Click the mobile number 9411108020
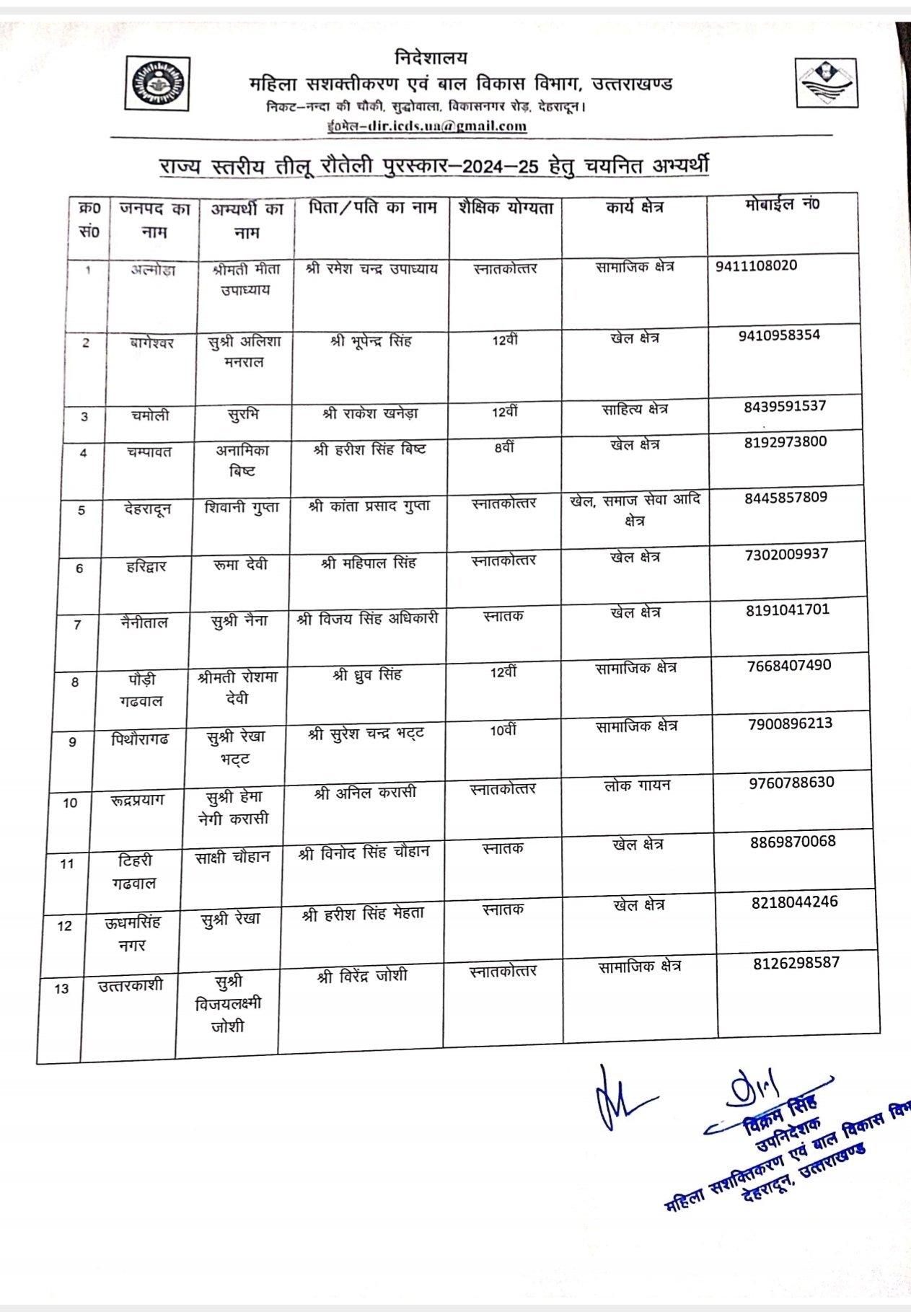point(756,265)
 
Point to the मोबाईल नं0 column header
point(782,205)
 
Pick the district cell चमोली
point(150,415)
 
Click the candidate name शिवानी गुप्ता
point(242,508)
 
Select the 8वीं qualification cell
point(504,448)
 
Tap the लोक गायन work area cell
point(637,785)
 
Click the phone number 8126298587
point(796,963)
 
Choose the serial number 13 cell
point(61,989)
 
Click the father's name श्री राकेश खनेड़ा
point(371,414)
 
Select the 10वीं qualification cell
point(503,731)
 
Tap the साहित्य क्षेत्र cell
point(635,410)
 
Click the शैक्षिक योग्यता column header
point(506,208)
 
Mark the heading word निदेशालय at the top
point(431,58)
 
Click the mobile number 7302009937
point(787,554)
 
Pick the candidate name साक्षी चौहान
point(232,858)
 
